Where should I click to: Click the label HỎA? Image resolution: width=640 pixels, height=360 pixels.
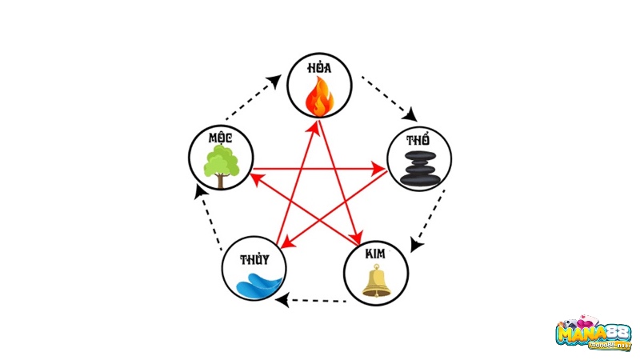pyautogui.click(x=319, y=70)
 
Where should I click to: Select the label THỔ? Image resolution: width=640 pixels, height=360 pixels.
pyautogui.click(x=418, y=140)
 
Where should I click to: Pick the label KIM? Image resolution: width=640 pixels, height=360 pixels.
pyautogui.click(x=374, y=254)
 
